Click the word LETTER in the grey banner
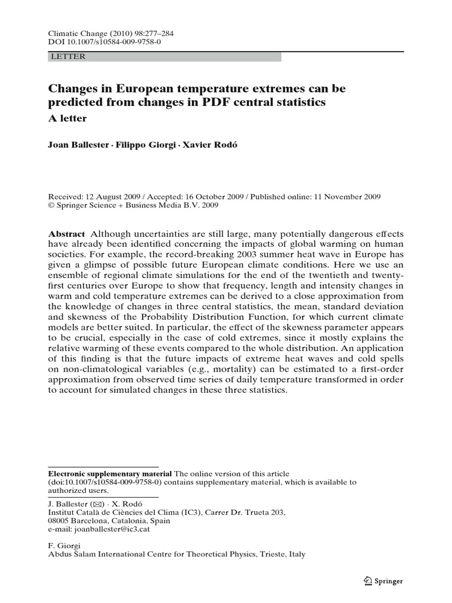click(68, 57)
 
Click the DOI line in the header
click(100, 44)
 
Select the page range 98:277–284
click(144, 35)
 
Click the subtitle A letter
click(67, 118)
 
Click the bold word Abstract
click(66, 233)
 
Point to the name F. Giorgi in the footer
click(63, 545)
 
